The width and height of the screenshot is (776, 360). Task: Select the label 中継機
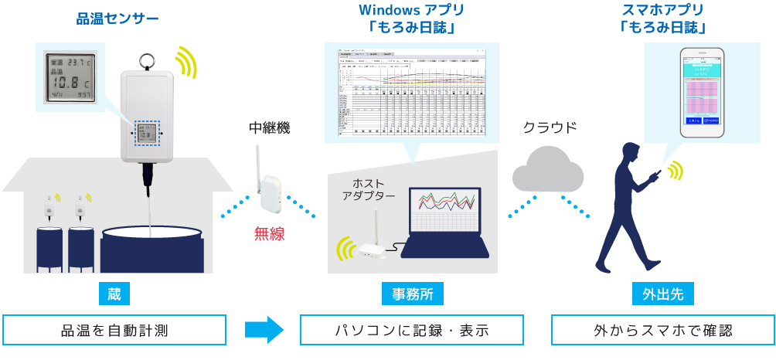pyautogui.click(x=269, y=128)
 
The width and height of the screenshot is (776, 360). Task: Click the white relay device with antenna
pyautogui.click(x=270, y=188)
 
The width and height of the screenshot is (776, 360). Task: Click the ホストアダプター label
pyautogui.click(x=369, y=189)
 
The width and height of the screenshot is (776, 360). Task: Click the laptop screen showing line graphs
pyautogui.click(x=445, y=212)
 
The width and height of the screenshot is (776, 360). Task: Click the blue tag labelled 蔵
pyautogui.click(x=114, y=294)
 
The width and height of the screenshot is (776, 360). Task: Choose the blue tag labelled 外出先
pyautogui.click(x=662, y=294)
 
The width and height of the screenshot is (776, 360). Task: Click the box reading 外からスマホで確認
pyautogui.click(x=662, y=330)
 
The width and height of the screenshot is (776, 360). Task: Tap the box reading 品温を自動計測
pyautogui.click(x=114, y=330)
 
